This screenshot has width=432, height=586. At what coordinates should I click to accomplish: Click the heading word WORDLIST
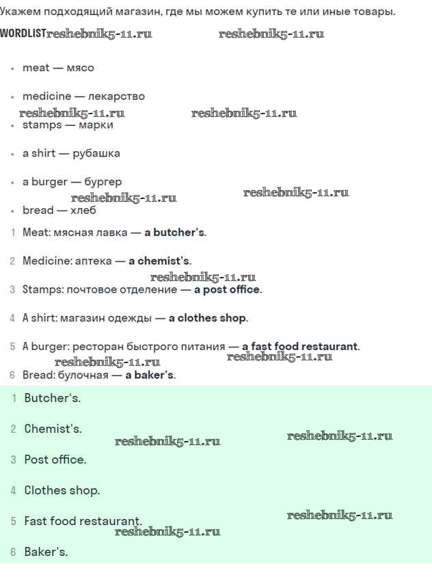coord(23,34)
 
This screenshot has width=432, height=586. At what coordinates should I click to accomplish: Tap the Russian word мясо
coord(80,68)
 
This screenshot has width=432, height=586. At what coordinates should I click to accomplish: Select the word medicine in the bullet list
coord(46,96)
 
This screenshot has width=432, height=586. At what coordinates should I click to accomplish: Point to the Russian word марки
coord(96,125)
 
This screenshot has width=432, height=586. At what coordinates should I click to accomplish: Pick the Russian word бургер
coord(103,182)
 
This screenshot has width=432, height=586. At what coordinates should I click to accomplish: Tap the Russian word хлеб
coord(83,210)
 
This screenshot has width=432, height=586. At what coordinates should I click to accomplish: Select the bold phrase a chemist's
coord(159,261)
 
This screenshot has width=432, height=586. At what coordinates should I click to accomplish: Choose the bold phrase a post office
coord(226,289)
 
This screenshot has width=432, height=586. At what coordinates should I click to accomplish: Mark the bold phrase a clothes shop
coord(207,318)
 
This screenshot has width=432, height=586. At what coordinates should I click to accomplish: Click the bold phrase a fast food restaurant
coord(299,347)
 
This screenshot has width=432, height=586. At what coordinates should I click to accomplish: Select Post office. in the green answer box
coord(55,460)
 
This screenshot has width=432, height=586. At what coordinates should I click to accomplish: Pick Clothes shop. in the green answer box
coord(62,490)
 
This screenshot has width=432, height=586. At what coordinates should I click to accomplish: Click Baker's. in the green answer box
coord(46,552)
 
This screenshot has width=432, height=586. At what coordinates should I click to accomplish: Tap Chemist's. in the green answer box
coord(53,429)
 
